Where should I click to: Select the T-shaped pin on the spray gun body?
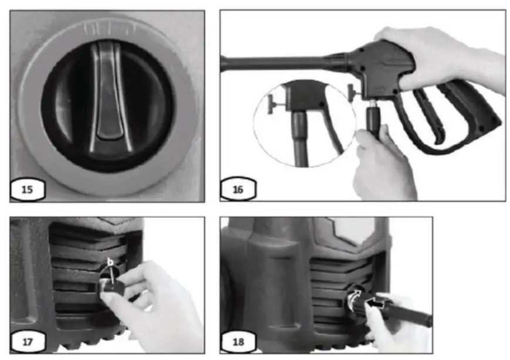click(352, 91)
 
